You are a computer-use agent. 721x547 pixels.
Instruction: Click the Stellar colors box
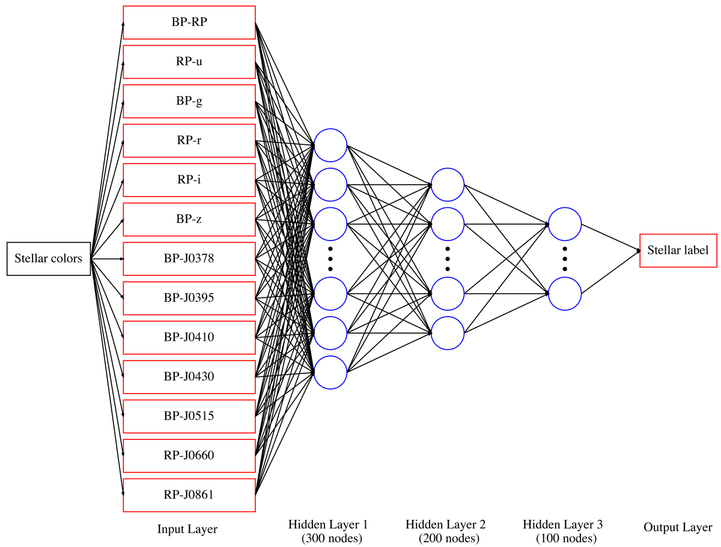coord(49,259)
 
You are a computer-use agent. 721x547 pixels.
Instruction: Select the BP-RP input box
coord(189,22)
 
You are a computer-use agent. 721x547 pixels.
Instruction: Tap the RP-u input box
coord(189,61)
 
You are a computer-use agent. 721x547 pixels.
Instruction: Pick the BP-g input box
coord(189,101)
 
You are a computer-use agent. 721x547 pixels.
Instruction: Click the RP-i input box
coord(189,180)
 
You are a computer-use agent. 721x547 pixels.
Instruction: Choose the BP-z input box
coord(189,219)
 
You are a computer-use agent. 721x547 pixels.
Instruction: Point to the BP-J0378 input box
coord(189,259)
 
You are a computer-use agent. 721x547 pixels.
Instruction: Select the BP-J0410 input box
coord(189,337)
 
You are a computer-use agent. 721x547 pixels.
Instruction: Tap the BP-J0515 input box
coord(189,416)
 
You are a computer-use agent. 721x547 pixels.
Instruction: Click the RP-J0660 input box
coord(189,456)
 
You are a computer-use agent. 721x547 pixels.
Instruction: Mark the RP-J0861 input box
coord(189,495)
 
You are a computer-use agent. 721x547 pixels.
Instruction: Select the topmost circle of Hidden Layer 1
coord(330,145)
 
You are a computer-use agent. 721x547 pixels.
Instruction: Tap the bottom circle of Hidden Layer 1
coord(330,373)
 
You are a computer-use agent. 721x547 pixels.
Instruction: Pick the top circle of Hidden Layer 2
coord(448,185)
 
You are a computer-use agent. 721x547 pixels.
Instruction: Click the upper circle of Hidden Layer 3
coord(565,224)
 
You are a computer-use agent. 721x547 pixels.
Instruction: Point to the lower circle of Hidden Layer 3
coord(565,294)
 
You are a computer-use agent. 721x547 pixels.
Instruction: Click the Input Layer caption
coord(187,530)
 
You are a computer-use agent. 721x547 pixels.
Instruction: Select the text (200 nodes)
coord(449,538)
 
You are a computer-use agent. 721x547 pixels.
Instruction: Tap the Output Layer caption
coord(678,528)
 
